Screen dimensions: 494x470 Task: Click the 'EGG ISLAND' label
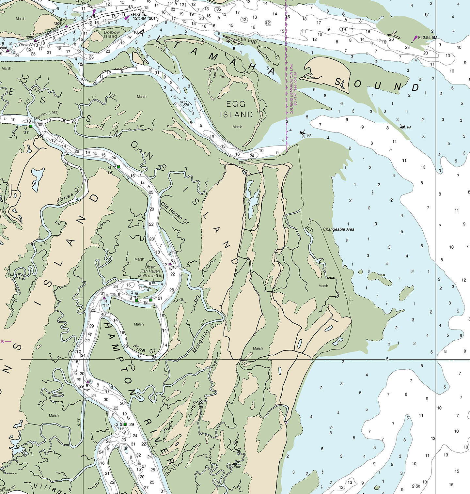click(236, 109)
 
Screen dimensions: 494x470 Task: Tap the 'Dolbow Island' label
click(111, 34)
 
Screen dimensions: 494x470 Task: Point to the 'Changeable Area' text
click(338, 229)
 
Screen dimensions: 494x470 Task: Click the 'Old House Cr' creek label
click(175, 213)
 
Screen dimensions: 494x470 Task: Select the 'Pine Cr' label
click(144, 348)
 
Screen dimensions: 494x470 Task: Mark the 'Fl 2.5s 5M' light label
click(428, 38)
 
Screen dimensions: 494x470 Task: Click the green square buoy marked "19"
click(119, 167)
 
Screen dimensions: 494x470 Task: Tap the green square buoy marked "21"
click(31, 126)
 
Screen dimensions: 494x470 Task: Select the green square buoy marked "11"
click(125, 424)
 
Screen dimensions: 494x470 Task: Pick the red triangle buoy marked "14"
click(104, 298)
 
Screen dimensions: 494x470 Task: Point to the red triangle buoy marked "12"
click(87, 382)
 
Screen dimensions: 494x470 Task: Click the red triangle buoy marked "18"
click(170, 264)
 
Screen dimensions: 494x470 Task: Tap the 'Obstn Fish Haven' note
click(150, 271)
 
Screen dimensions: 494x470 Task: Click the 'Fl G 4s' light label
click(140, 14)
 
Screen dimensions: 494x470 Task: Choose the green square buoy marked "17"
click(151, 300)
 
